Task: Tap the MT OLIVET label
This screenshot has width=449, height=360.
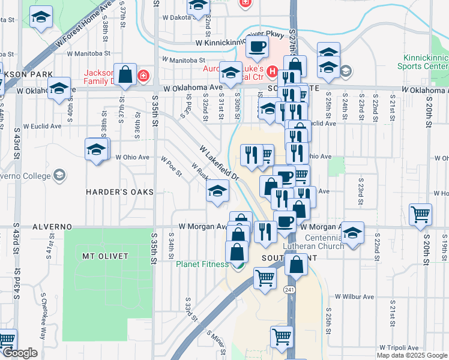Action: pos(105,256)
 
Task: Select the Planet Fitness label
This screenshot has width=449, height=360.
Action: pos(202,264)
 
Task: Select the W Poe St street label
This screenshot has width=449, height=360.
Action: pos(171,167)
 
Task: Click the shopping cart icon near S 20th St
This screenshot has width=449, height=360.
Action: pos(421,214)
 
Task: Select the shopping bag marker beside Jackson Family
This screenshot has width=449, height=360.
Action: pos(127,76)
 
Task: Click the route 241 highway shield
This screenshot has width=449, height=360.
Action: pos(290,290)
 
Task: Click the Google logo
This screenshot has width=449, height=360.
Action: pos(20,353)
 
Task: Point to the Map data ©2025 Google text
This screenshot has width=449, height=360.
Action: pos(412,355)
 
